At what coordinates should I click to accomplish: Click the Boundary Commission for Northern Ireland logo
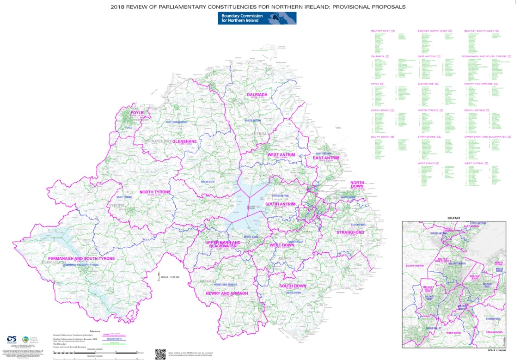257,18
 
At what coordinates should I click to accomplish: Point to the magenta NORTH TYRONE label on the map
155,192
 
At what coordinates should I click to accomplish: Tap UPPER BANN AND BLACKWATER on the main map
223,245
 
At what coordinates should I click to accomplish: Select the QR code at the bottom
160,354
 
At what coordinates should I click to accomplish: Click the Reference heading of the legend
95,331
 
